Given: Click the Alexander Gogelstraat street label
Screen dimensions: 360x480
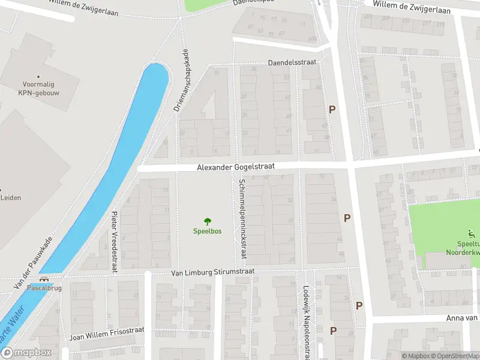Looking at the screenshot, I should pyautogui.click(x=236, y=169).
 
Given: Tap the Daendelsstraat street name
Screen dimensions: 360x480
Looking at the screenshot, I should pyautogui.click(x=292, y=62).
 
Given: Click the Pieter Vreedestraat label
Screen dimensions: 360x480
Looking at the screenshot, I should pyautogui.click(x=114, y=241).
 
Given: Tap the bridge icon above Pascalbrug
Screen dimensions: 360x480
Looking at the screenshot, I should pyautogui.click(x=43, y=280).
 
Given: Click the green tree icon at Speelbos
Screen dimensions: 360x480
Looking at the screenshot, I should pyautogui.click(x=208, y=221).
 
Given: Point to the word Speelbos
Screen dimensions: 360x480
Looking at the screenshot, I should pyautogui.click(x=207, y=232).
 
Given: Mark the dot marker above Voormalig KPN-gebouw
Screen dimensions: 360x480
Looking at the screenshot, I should pyautogui.click(x=38, y=76).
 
